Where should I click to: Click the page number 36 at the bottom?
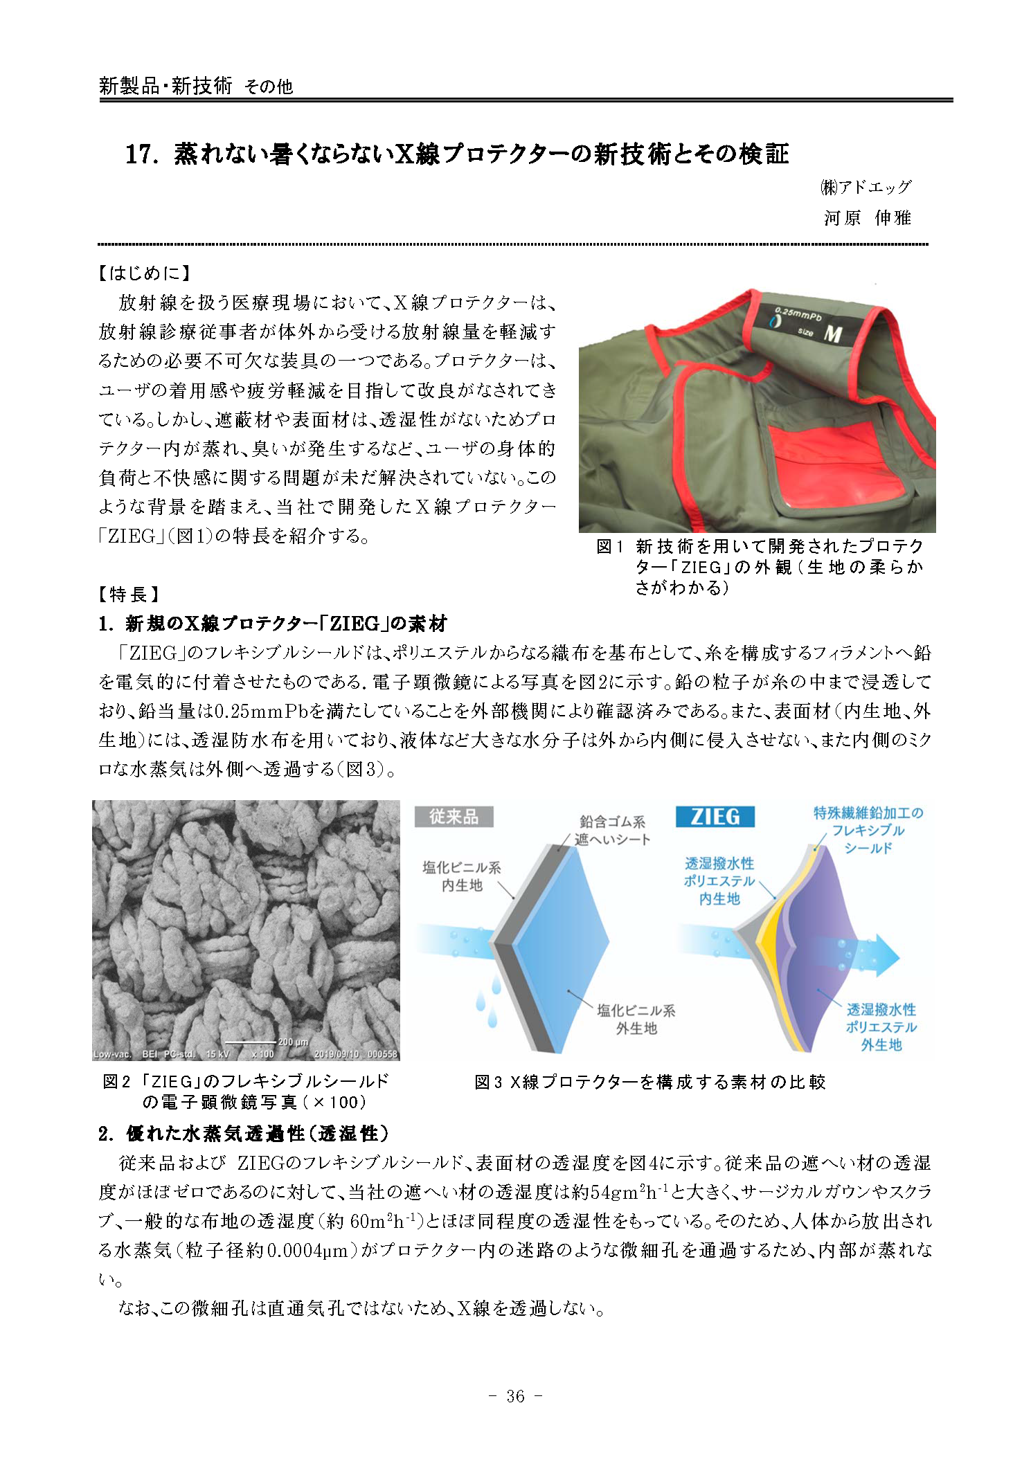point(515,1396)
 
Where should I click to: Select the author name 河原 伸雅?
point(867,219)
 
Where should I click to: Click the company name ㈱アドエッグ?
point(866,187)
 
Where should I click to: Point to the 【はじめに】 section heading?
point(145,273)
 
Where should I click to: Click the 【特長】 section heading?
point(129,594)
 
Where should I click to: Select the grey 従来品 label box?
point(454,817)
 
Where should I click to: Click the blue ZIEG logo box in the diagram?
point(715,817)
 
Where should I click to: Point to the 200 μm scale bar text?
point(293,1041)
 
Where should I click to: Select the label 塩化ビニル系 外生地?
point(636,1019)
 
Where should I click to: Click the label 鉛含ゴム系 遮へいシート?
point(613,830)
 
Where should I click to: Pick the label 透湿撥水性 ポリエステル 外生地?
point(881,1027)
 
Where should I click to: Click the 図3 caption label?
point(488,1082)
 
